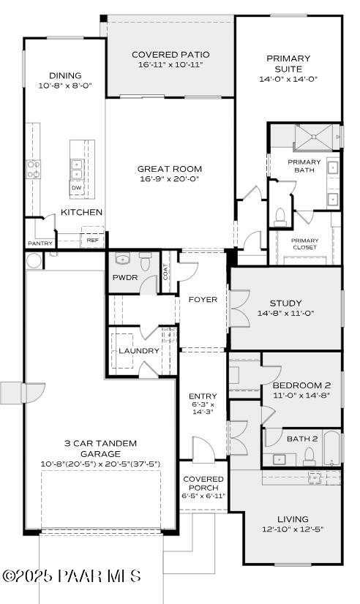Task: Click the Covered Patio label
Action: tap(170, 54)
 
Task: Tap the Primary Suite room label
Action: tap(288, 63)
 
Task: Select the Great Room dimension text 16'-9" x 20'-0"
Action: tap(169, 178)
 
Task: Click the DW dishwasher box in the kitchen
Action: tap(76, 188)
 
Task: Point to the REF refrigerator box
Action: tap(92, 239)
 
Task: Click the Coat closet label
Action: tap(166, 272)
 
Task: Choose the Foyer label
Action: tap(203, 299)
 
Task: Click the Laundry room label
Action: tap(139, 351)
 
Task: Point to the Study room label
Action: tap(285, 303)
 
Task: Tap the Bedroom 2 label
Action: tap(301, 385)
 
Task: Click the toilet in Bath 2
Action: tap(309, 457)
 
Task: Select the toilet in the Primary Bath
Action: tap(279, 216)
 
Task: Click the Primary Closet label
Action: tap(305, 244)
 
